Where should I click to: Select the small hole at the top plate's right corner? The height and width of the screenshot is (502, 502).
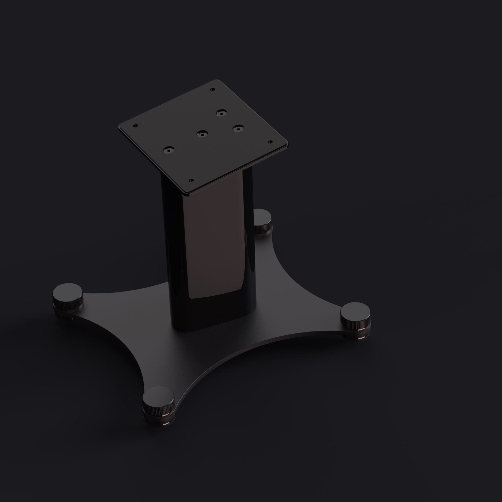click(270, 142)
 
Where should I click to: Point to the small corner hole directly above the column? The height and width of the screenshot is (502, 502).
click(191, 180)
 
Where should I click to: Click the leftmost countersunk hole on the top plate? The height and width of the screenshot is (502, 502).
click(169, 150)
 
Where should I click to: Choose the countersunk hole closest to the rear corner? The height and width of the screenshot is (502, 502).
click(221, 113)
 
